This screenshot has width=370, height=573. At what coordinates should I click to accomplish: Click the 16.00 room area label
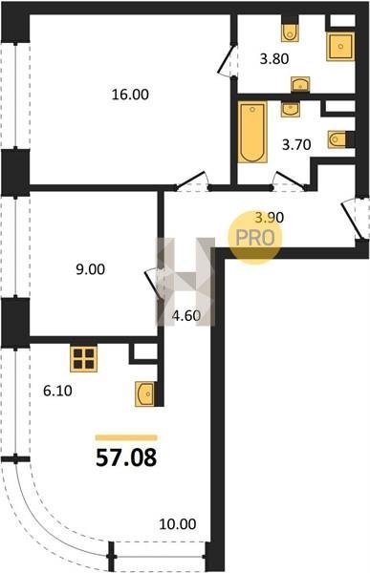130,95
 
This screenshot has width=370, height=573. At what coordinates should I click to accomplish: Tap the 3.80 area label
274,58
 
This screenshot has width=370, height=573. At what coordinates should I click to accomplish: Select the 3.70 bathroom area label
296,145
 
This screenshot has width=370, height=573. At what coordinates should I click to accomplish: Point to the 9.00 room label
90,269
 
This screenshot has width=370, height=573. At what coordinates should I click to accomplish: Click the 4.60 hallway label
186,315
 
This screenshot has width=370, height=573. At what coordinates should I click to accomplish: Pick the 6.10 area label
57,391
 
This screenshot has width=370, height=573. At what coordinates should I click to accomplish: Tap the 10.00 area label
178,524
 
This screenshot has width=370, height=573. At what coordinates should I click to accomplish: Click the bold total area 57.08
126,457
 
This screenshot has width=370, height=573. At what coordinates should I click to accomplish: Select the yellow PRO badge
255,237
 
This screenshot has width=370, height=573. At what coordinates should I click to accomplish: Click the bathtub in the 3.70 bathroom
252,132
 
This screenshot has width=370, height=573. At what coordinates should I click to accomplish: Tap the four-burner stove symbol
84,359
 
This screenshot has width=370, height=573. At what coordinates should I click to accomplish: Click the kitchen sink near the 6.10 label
144,393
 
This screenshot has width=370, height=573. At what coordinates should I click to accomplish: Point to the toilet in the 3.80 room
290,32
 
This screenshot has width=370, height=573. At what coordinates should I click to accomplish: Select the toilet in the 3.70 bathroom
337,139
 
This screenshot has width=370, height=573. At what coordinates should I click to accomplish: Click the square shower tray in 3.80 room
340,47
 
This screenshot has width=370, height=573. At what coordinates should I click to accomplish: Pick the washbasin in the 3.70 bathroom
291,109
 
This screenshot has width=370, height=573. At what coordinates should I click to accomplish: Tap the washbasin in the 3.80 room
300,84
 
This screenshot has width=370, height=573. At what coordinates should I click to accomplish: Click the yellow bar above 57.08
126,437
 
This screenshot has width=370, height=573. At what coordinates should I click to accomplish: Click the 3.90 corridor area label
270,218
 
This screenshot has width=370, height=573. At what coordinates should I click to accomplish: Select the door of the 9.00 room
152,285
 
